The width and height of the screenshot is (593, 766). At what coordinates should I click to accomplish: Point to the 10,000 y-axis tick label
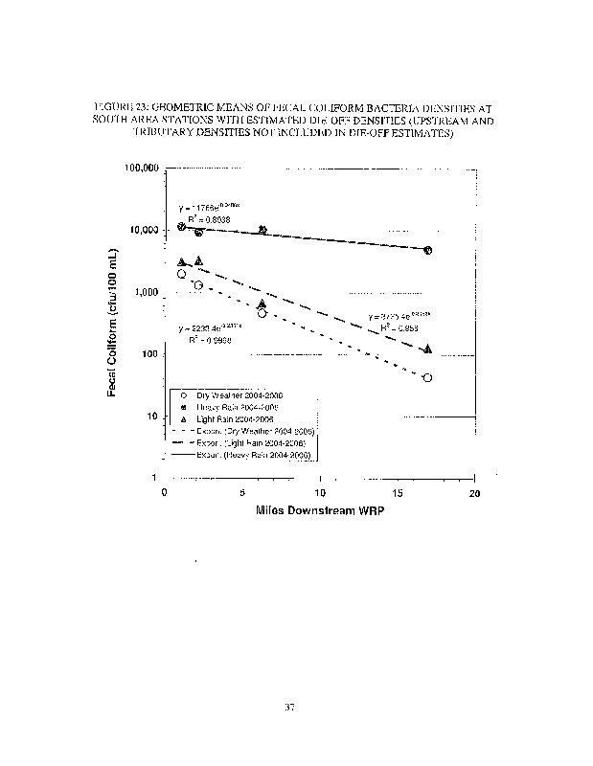(x=143, y=231)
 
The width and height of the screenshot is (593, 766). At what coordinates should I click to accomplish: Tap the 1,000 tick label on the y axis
(x=146, y=293)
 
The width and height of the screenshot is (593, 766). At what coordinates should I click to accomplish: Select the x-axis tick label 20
(x=474, y=493)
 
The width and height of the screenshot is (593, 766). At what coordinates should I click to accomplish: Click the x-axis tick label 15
(x=398, y=493)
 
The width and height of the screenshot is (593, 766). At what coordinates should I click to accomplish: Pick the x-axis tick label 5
(x=243, y=493)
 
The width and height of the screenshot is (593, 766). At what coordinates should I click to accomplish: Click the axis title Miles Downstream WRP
(x=319, y=510)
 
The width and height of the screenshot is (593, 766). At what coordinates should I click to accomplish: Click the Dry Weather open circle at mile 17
(x=427, y=378)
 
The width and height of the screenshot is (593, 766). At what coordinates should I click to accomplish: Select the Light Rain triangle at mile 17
(x=427, y=349)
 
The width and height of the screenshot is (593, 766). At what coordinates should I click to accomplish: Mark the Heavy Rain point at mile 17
(x=427, y=250)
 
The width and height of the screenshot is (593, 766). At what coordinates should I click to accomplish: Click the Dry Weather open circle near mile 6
(x=262, y=313)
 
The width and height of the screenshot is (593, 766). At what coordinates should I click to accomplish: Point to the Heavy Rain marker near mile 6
(x=263, y=230)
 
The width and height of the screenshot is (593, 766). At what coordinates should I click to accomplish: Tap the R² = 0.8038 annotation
(x=208, y=220)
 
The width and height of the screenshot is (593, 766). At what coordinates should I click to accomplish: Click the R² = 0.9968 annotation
(x=207, y=340)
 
